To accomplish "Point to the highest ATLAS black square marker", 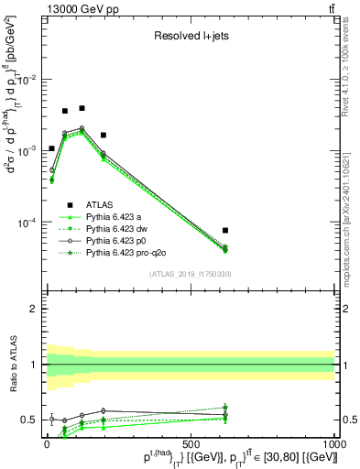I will click(82, 108).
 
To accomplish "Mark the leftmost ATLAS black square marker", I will click(51, 148).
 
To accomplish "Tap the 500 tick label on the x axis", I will click(191, 443).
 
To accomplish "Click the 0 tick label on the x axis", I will click(47, 443).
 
